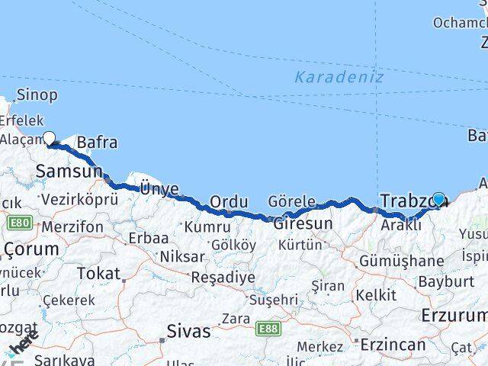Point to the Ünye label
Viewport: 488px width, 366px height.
tap(159, 188)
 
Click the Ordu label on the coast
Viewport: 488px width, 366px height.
tap(229, 202)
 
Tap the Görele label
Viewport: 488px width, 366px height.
tap(292, 202)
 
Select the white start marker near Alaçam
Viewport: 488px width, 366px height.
tap(50, 138)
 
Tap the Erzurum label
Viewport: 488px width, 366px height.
tap(454, 315)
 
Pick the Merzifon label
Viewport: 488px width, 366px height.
tap(72, 227)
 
